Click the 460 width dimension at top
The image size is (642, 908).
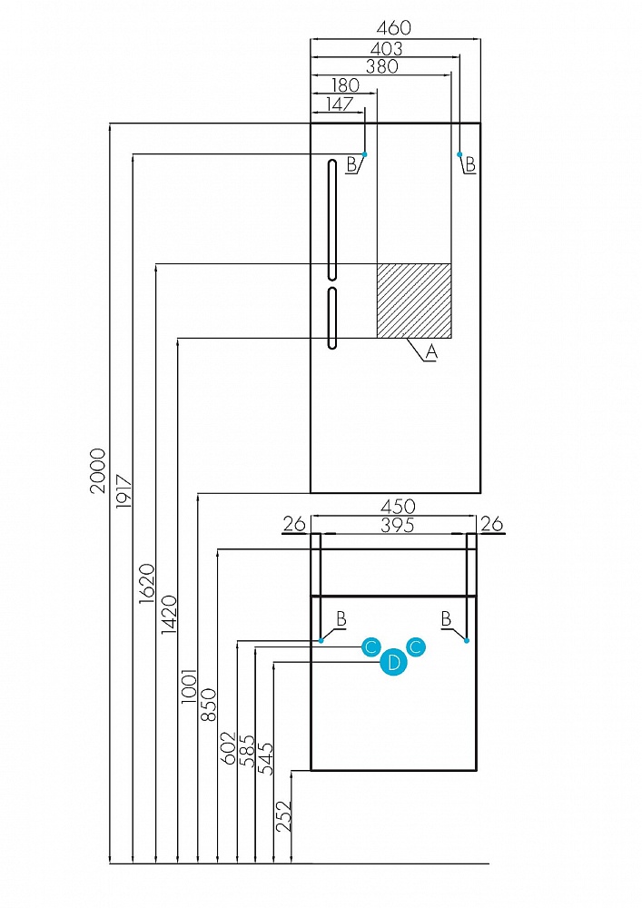coord(394,28)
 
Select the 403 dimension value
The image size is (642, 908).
coord(386,49)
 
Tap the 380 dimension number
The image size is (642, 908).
coord(382,66)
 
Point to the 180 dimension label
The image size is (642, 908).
coord(345,85)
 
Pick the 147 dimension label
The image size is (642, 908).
coord(340,104)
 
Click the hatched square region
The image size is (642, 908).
coord(414,301)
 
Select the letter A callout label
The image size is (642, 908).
coord(431,351)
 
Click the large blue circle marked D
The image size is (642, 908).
coord(394,662)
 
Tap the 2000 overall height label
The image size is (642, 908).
coord(98,470)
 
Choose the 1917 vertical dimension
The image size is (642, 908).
coord(124,490)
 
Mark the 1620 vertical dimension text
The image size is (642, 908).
coord(147,584)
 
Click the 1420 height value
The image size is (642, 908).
coord(169,615)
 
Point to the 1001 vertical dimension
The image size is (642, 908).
coord(189,686)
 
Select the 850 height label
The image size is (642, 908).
coord(208,705)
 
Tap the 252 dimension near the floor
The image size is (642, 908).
coord(283,816)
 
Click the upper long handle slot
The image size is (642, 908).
coord(331,220)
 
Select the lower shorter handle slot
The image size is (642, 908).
coord(331,318)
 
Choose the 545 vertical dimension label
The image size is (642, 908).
coord(266,759)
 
